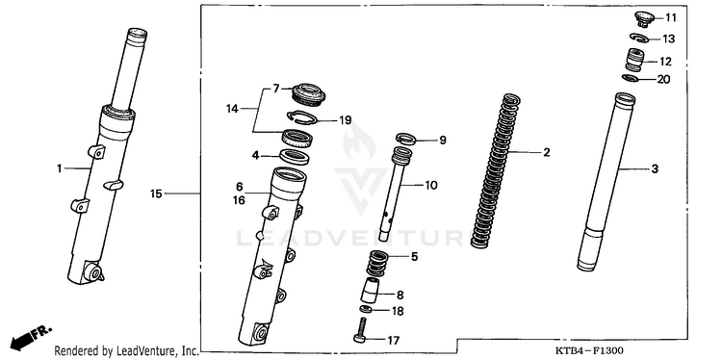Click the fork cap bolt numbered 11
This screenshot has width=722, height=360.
[x=644, y=19]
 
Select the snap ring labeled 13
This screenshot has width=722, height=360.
[x=640, y=38]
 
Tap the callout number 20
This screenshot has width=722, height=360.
[x=663, y=80]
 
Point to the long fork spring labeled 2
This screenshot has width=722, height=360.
[x=496, y=171]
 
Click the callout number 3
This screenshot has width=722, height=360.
[x=655, y=169]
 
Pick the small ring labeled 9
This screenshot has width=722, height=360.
[x=406, y=138]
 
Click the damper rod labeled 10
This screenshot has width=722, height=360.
[x=393, y=194]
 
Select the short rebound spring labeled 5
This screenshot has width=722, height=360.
[x=378, y=264]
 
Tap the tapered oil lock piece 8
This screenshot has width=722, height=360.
[x=372, y=290]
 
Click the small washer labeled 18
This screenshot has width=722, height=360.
[x=366, y=309]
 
